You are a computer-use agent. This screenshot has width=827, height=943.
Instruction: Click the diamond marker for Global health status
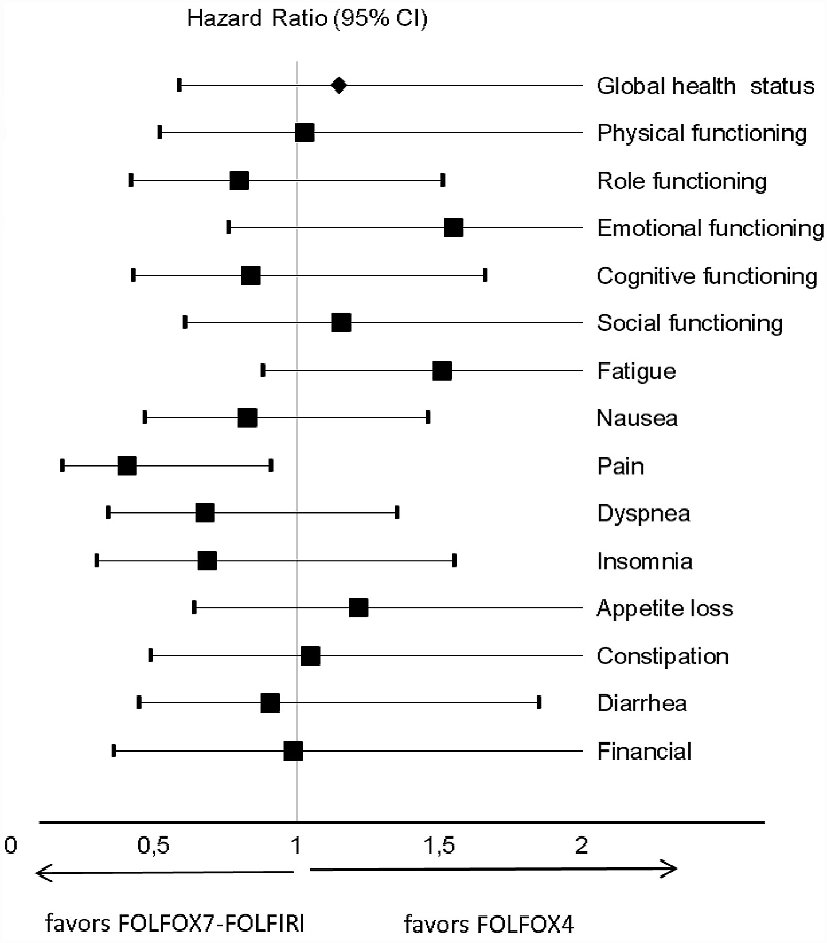(339, 85)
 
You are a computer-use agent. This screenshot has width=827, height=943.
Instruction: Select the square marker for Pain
(127, 465)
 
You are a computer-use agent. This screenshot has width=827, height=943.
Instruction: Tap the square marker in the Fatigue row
(442, 370)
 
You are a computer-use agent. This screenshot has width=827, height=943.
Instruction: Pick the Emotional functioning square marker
(454, 228)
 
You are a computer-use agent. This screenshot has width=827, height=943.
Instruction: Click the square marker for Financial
(293, 751)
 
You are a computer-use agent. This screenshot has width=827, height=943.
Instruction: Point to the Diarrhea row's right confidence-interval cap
(539, 702)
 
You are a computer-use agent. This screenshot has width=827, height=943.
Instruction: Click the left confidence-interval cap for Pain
(63, 465)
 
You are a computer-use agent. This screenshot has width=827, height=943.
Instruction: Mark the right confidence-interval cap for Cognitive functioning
(485, 275)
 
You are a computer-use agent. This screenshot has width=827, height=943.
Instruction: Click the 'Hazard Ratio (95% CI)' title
(307, 19)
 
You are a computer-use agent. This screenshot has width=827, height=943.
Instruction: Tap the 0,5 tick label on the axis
(154, 845)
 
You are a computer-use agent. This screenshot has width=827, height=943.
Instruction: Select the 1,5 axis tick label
(440, 845)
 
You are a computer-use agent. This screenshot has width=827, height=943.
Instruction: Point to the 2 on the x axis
(582, 845)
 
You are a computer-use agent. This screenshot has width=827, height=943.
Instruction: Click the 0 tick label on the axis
(10, 845)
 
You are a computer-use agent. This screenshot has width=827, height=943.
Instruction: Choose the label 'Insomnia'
(645, 561)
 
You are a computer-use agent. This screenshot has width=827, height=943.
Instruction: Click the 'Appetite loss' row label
(665, 608)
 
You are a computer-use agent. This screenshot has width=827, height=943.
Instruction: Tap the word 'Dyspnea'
(643, 513)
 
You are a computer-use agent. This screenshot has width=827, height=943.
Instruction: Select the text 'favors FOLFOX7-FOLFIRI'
(175, 924)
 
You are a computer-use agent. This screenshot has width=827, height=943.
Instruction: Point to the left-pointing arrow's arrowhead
(40, 873)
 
